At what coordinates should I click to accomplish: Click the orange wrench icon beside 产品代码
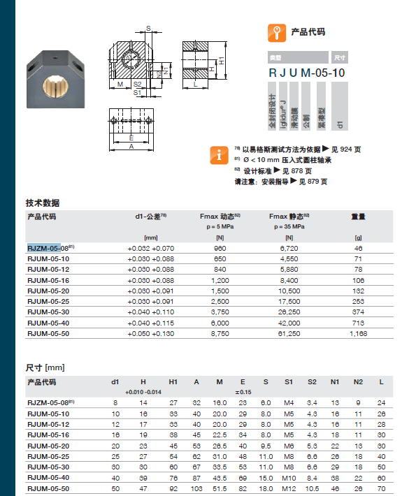tap(278, 31)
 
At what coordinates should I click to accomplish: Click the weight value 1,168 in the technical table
tap(358, 334)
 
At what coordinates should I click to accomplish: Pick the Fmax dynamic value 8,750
tap(220, 334)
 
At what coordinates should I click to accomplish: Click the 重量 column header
tap(358, 217)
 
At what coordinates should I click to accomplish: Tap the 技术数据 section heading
tap(43, 203)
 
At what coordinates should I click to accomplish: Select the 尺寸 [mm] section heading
tap(45, 367)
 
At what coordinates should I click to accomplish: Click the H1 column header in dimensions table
tap(173, 382)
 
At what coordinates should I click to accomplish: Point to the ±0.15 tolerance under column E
tap(243, 392)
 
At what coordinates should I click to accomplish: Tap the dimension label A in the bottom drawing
tap(131, 147)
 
